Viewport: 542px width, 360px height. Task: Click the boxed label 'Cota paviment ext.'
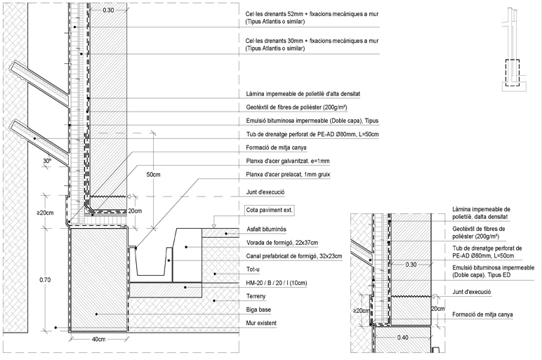[x=270, y=210]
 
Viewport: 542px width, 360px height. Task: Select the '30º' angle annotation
[x=47, y=161]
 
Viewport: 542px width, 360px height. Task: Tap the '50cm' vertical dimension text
[x=153, y=175]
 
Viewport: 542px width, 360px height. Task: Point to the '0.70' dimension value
[x=45, y=280]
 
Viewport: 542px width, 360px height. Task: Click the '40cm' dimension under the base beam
[x=98, y=339]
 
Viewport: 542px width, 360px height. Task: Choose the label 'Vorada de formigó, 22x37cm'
[x=282, y=243]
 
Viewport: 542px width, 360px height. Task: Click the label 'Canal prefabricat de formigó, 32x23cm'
[x=294, y=256]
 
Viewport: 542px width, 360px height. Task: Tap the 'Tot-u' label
[x=253, y=269]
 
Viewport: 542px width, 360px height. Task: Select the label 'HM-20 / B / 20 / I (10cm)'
[x=277, y=283]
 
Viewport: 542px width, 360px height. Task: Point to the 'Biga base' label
[x=258, y=309]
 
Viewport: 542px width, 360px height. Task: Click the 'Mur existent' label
[x=261, y=323]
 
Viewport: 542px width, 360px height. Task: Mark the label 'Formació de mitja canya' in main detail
[x=276, y=147]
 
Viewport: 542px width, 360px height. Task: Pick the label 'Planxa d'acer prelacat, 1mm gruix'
[x=288, y=175]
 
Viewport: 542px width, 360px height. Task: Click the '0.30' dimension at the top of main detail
[x=108, y=10]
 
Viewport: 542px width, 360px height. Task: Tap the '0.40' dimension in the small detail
[x=403, y=338]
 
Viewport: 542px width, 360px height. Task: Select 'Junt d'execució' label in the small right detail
[x=472, y=292]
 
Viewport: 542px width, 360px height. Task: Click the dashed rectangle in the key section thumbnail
[x=513, y=72]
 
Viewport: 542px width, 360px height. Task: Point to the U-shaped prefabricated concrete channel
[x=152, y=262]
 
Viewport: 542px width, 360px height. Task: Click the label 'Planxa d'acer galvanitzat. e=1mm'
[x=288, y=161]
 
